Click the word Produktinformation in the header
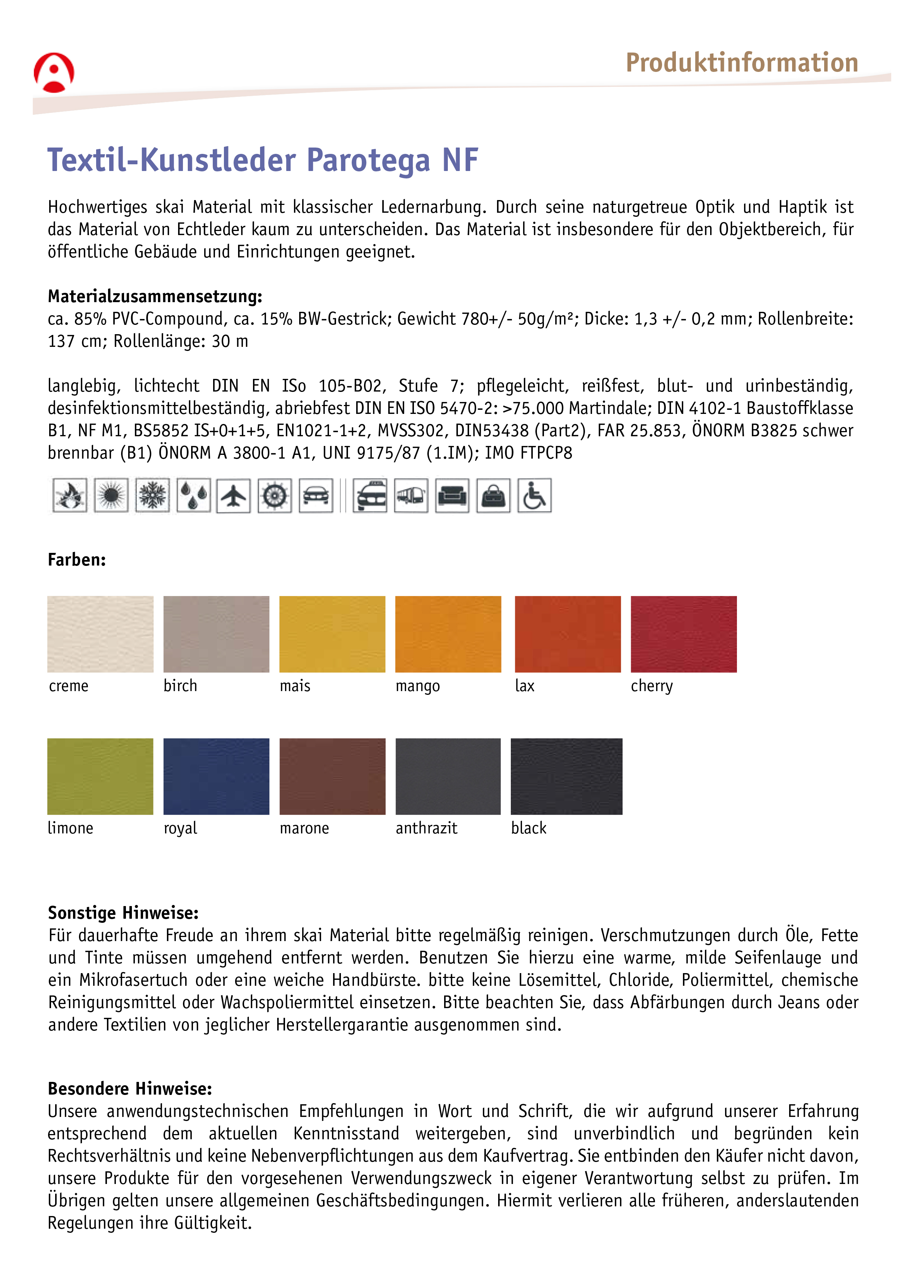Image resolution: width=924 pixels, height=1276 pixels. coord(742,63)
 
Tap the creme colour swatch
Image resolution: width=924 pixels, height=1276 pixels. coord(100,634)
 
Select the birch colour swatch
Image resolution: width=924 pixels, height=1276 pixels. coord(216,634)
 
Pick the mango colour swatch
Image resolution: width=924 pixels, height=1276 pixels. coord(448,634)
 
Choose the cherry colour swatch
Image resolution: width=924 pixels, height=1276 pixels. coord(683,634)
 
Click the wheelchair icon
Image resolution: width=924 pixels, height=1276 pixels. coord(534,495)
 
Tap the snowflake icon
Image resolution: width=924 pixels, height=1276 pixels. coord(152,495)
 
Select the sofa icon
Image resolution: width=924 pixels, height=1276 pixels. coord(452,495)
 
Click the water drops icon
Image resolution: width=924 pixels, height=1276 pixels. coord(193,495)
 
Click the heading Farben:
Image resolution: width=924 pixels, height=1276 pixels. coord(76,560)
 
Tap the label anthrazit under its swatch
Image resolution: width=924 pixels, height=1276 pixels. coord(426,828)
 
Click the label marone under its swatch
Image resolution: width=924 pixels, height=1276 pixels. coord(304,828)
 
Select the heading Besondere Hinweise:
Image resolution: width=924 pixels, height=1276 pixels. coord(129,1089)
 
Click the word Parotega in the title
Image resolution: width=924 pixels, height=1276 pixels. coord(368,160)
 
